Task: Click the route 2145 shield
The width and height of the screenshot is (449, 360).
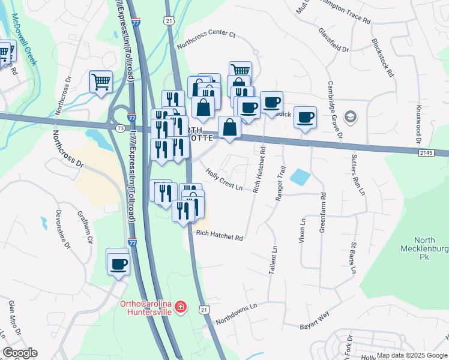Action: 426,154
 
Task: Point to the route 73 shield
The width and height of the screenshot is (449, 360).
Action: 121,128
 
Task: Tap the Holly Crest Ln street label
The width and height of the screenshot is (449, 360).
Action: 224,179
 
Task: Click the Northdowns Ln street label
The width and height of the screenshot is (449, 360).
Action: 236,313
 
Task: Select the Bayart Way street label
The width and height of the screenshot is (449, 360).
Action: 315,321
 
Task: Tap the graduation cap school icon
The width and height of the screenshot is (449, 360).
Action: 348,116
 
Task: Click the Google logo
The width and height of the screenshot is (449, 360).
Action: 20,353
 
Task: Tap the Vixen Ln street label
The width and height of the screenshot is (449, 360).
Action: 303,229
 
